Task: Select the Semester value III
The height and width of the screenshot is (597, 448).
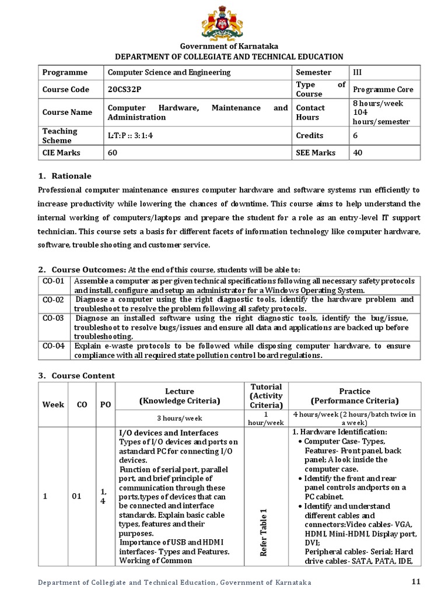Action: pos(358,72)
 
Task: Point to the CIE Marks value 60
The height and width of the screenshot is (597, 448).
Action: pos(113,153)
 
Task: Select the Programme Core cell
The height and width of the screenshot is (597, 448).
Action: pos(383,89)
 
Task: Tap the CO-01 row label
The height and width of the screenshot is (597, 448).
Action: pos(53,282)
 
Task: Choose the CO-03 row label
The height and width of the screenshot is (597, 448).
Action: pos(53,318)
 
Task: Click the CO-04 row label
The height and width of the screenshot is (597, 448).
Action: pos(53,346)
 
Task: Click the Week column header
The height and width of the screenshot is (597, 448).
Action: pos(53,404)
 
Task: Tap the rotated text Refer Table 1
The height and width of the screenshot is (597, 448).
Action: pos(264,531)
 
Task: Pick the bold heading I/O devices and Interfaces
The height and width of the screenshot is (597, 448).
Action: pos(169,433)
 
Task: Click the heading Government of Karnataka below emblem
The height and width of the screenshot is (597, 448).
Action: pos(220,46)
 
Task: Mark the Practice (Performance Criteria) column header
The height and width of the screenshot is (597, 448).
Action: pos(355,396)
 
